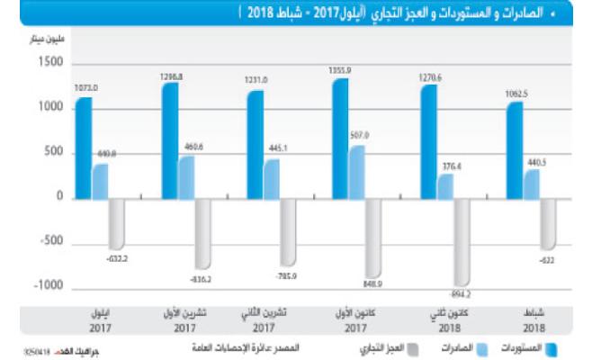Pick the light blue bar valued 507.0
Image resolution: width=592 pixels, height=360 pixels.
point(358,172)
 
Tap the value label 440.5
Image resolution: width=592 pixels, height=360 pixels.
point(539,162)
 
